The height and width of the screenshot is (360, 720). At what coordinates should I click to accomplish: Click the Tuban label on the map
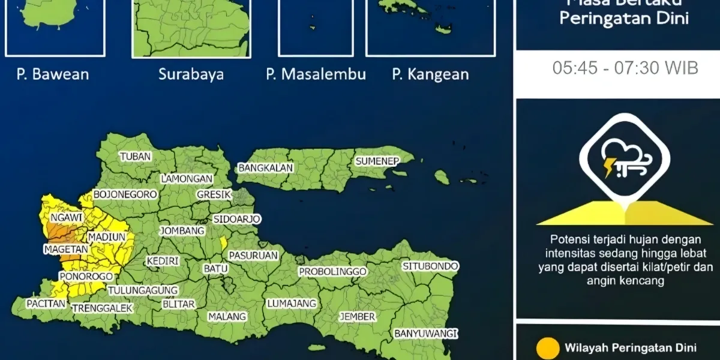coord(135,157)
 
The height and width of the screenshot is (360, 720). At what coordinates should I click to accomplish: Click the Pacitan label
coord(46,304)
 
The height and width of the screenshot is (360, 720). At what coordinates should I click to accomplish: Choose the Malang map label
coord(227,316)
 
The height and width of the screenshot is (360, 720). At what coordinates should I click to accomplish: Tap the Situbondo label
coord(430,266)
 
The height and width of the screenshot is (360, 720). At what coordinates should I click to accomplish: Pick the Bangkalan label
coord(266,168)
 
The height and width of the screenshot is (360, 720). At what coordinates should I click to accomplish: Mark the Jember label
coord(357,316)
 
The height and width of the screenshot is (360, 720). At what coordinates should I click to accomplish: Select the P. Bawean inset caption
coord(53,74)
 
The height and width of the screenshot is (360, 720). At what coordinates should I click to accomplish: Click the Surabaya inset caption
coord(191,74)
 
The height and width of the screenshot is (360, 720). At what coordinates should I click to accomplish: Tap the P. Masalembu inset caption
coord(316,74)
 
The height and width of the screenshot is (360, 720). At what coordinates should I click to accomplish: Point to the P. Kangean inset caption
coord(430,74)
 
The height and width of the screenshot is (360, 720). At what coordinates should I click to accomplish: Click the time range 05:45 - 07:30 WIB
coord(625,68)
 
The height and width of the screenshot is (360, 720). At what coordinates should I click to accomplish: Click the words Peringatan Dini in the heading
coord(624,19)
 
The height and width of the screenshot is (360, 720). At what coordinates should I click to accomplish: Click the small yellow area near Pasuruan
coord(223,243)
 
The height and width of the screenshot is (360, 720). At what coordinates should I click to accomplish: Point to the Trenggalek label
coord(102,308)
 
